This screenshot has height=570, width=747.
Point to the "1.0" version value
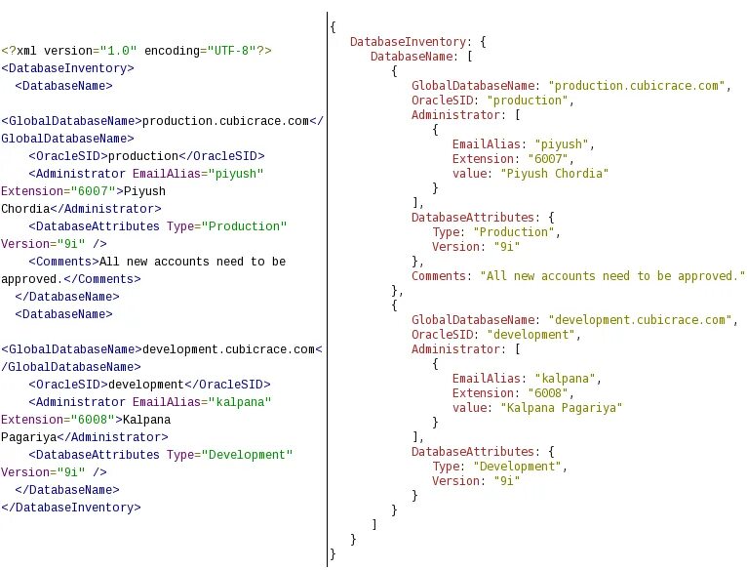[x=119, y=50]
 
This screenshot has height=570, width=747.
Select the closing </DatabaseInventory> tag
[x=71, y=508]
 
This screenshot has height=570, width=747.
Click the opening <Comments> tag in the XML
[x=62, y=262]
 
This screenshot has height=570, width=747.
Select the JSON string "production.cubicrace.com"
[x=639, y=86]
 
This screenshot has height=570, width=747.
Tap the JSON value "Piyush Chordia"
[x=554, y=174]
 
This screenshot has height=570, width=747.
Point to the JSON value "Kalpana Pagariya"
[x=561, y=408]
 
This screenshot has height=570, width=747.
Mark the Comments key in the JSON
[x=441, y=276]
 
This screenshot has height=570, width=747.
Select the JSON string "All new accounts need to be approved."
[x=612, y=276]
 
